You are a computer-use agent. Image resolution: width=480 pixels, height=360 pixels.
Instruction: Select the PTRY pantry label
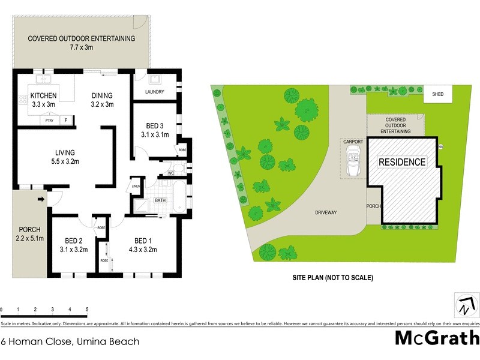[x=50, y=121]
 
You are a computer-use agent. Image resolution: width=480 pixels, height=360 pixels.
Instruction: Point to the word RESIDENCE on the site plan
[x=401, y=162]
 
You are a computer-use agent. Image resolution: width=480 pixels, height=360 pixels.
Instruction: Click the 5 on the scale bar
[x=87, y=309]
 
